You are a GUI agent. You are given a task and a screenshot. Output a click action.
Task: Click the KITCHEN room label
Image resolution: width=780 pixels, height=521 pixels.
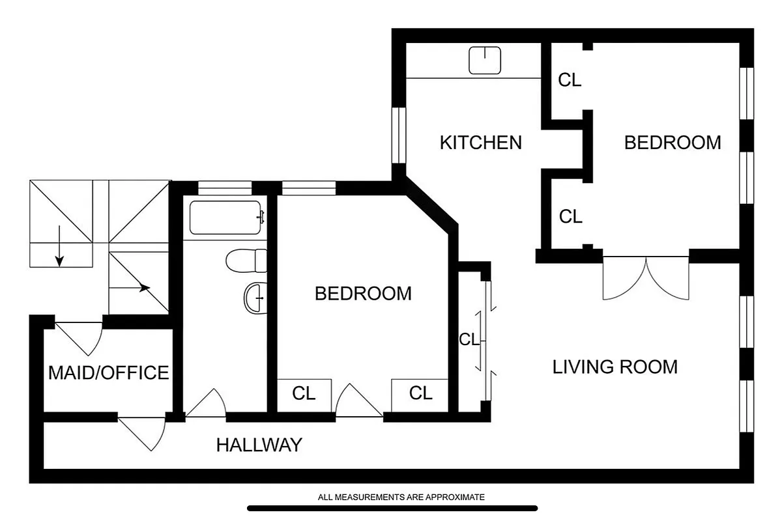click(x=480, y=142)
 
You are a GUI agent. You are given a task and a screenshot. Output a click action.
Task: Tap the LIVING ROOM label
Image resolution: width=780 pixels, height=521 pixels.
click(x=614, y=367)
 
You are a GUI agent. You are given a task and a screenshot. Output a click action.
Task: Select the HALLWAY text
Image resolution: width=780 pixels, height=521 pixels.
click(x=259, y=445)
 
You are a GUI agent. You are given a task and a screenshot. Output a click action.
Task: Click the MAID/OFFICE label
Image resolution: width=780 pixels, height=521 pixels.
click(x=108, y=373)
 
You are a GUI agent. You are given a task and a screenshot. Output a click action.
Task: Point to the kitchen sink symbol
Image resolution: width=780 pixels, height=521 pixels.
click(x=485, y=61)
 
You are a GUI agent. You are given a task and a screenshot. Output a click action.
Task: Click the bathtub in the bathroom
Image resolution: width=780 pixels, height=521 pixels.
click(x=225, y=218)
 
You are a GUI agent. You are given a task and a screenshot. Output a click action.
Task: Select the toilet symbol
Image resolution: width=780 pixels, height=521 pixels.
click(x=247, y=261)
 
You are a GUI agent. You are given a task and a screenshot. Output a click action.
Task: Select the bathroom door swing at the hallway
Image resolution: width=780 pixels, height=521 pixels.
click(x=207, y=404)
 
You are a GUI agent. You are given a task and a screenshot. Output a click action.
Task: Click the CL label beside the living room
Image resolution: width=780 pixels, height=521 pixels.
click(x=469, y=339)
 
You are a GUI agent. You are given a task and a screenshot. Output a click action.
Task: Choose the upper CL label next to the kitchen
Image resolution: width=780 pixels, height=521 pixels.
click(x=570, y=80)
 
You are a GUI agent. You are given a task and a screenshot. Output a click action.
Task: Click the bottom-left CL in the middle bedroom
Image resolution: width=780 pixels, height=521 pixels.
click(x=304, y=393)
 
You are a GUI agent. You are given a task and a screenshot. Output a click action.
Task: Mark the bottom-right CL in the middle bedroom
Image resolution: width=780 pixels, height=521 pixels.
click(x=420, y=393)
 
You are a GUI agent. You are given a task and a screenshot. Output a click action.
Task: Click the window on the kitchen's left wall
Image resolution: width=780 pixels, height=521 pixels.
click(x=398, y=135)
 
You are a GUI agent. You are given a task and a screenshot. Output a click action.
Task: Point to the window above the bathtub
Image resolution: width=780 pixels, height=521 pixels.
click(x=225, y=188)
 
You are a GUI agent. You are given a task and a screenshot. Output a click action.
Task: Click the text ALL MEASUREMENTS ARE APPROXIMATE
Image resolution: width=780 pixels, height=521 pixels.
click(x=401, y=497)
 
